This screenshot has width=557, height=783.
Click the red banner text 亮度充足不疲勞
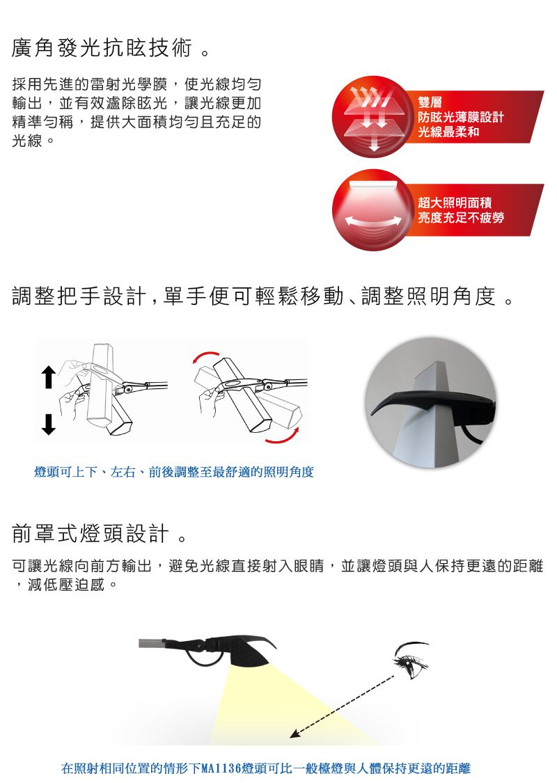click(x=461, y=218)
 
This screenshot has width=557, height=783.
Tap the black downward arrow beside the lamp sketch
click(x=48, y=423)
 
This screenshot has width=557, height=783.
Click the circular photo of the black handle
click(x=431, y=402)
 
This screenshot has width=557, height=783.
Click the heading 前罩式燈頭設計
click(x=91, y=534)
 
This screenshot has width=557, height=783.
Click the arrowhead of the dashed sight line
click(x=295, y=733)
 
